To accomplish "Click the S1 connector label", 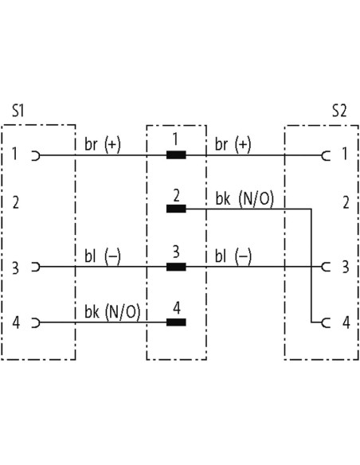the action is point(18,111).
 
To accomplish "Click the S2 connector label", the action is point(339,111).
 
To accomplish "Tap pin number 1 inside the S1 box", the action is point(14,154).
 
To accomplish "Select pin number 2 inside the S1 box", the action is point(15,202).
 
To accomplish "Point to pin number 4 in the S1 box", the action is point(16,322).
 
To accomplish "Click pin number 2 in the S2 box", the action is point(346,203).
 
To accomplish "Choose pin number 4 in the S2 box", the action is point(346,322).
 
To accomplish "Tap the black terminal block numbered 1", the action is point(176,155).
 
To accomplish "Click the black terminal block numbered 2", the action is point(176,209).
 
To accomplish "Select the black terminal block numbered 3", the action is point(176,267).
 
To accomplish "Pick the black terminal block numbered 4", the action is point(176,322).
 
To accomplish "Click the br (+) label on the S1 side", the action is point(103,145).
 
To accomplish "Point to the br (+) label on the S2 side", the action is point(233,145).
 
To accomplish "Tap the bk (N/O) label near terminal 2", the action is point(245,199).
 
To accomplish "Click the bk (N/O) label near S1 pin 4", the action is point(112,312).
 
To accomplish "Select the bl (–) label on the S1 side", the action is point(103,256).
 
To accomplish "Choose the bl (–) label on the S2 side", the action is point(233,256).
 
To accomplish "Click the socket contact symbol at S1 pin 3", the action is point(36,267).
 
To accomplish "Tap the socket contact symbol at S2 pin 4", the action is point(326,322).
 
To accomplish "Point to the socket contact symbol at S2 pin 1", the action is point(326,155).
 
